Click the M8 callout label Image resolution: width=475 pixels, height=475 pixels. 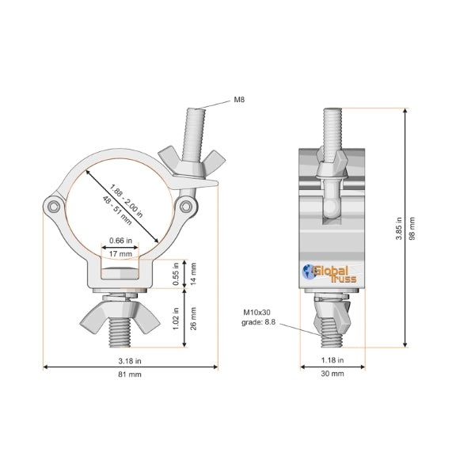(238, 101)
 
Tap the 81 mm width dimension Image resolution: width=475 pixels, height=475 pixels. (129, 377)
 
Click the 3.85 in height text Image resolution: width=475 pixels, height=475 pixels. (398, 229)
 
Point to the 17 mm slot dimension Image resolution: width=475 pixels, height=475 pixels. (121, 253)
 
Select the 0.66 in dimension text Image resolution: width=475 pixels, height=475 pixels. (121, 241)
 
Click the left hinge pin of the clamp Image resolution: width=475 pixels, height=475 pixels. (52, 207)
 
